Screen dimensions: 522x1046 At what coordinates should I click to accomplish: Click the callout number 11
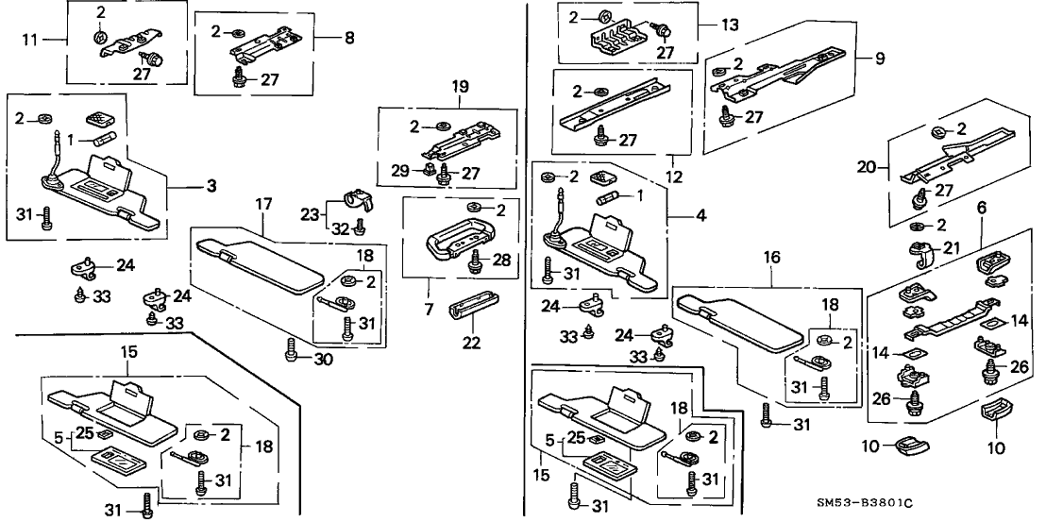[30, 40]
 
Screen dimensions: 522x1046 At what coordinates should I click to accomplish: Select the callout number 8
[349, 39]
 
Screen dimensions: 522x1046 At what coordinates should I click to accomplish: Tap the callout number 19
[460, 86]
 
